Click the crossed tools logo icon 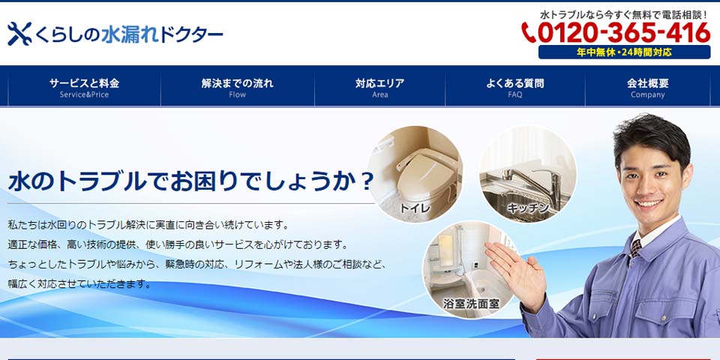[19, 34]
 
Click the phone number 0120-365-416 [623, 33]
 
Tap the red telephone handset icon [529, 32]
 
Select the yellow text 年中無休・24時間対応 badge [624, 52]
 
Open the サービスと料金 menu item [85, 86]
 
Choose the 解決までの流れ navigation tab [238, 86]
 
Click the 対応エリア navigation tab [379, 86]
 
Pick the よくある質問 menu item [514, 86]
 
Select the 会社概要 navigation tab [647, 86]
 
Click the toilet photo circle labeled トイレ [415, 173]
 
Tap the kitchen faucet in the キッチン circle [528, 180]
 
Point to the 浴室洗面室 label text [471, 304]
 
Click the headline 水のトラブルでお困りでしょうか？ [191, 181]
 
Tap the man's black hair [652, 136]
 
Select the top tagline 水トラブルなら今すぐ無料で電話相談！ [625, 15]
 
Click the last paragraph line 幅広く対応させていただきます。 [79, 284]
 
